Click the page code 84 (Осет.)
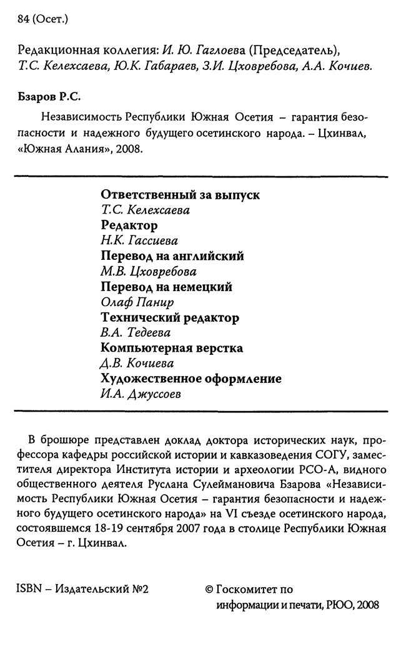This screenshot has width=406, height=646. (43, 19)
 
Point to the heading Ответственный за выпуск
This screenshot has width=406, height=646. (180, 195)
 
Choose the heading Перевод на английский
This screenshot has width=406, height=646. (172, 256)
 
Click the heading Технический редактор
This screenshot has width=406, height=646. (170, 317)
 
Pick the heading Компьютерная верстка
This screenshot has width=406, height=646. (172, 348)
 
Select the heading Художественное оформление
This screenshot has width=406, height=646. (191, 379)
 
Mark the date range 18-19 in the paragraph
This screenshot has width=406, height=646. (121, 528)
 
